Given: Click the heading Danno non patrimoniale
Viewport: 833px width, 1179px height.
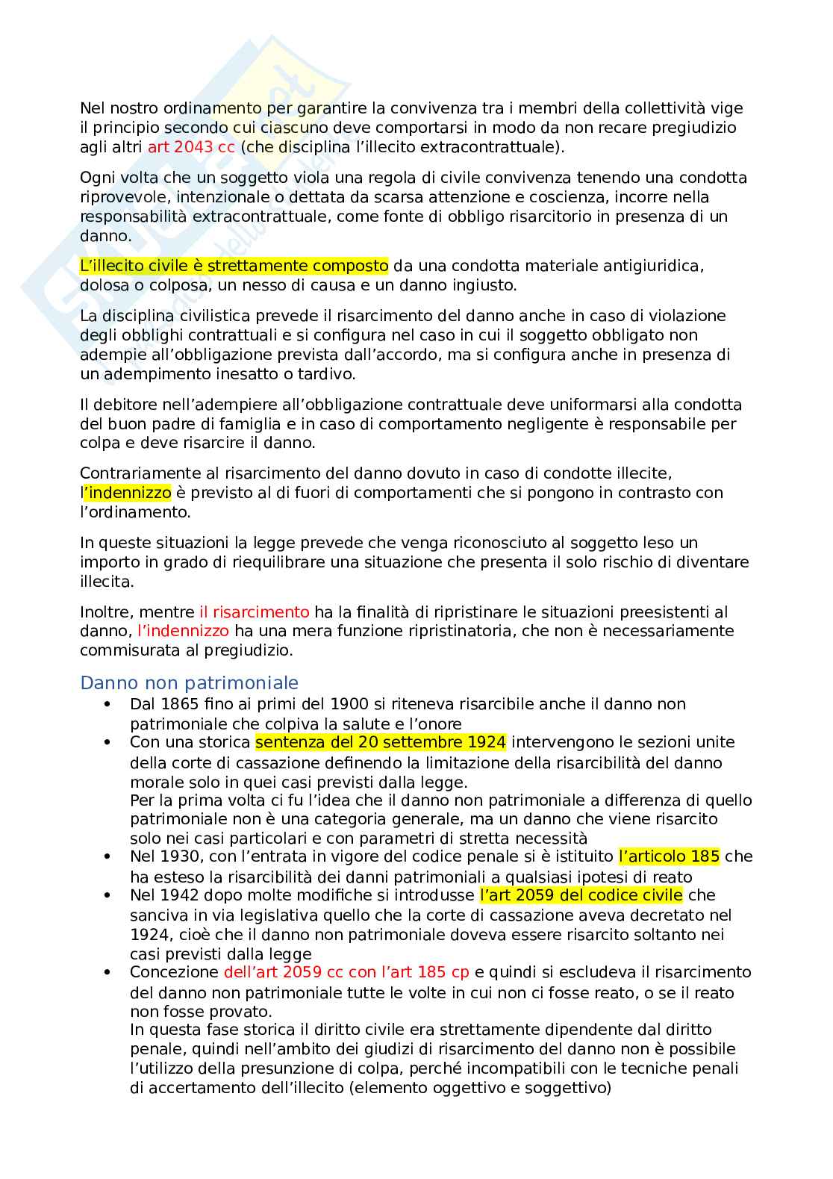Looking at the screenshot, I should (189, 683).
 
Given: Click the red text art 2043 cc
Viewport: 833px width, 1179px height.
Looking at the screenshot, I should (191, 146).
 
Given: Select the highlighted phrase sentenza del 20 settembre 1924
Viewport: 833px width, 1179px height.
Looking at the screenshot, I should (381, 742).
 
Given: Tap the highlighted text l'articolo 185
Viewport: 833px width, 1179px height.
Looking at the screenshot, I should (669, 856).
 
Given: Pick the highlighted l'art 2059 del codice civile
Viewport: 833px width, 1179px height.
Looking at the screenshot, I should (581, 895).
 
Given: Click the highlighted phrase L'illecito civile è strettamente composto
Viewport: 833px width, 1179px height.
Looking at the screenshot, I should (234, 266).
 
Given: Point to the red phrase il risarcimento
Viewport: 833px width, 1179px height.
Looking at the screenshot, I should (254, 612).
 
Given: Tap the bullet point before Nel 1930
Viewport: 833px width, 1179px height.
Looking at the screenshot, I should (108, 856).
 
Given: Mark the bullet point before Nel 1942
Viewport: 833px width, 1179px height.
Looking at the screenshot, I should (108, 895).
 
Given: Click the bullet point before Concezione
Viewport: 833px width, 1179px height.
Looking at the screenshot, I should (108, 972).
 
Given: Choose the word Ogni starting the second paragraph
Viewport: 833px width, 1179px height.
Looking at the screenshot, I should (96, 178).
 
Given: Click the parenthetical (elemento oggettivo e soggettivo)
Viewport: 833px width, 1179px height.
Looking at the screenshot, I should (479, 1089).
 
